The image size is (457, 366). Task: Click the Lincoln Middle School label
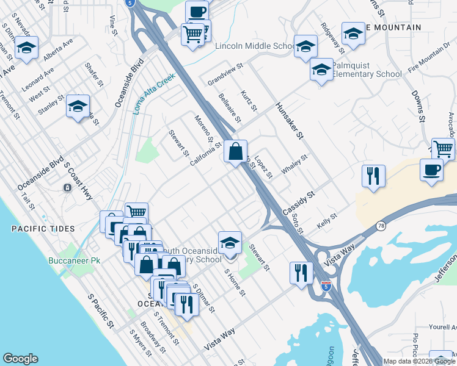point(255,46)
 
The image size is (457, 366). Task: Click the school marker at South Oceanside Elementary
point(229,243)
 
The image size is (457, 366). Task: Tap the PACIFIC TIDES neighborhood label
point(43,229)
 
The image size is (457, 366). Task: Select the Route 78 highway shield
point(381,225)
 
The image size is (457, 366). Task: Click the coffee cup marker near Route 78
point(432,170)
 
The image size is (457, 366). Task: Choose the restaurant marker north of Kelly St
point(372,176)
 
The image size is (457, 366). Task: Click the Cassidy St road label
point(298,203)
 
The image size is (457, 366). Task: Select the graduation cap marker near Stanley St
point(78,106)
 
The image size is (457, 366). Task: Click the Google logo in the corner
point(20,359)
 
